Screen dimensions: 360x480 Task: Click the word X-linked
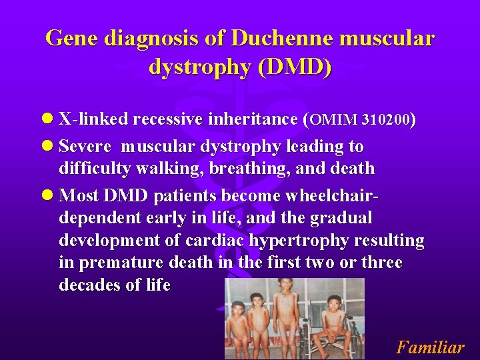(93, 120)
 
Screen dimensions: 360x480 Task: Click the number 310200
(386, 121)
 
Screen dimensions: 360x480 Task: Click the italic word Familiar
(430, 347)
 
